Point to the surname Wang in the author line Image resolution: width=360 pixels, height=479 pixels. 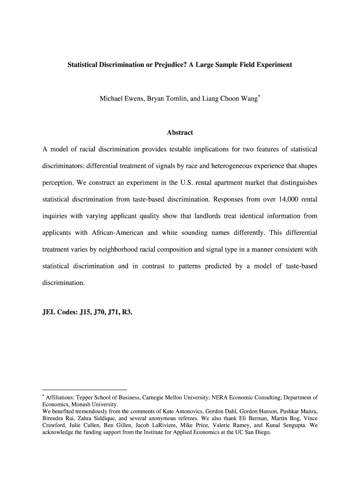[x=246, y=99]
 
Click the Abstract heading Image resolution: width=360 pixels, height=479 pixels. [x=180, y=133]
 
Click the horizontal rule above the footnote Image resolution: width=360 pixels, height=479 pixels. [x=85, y=389]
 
